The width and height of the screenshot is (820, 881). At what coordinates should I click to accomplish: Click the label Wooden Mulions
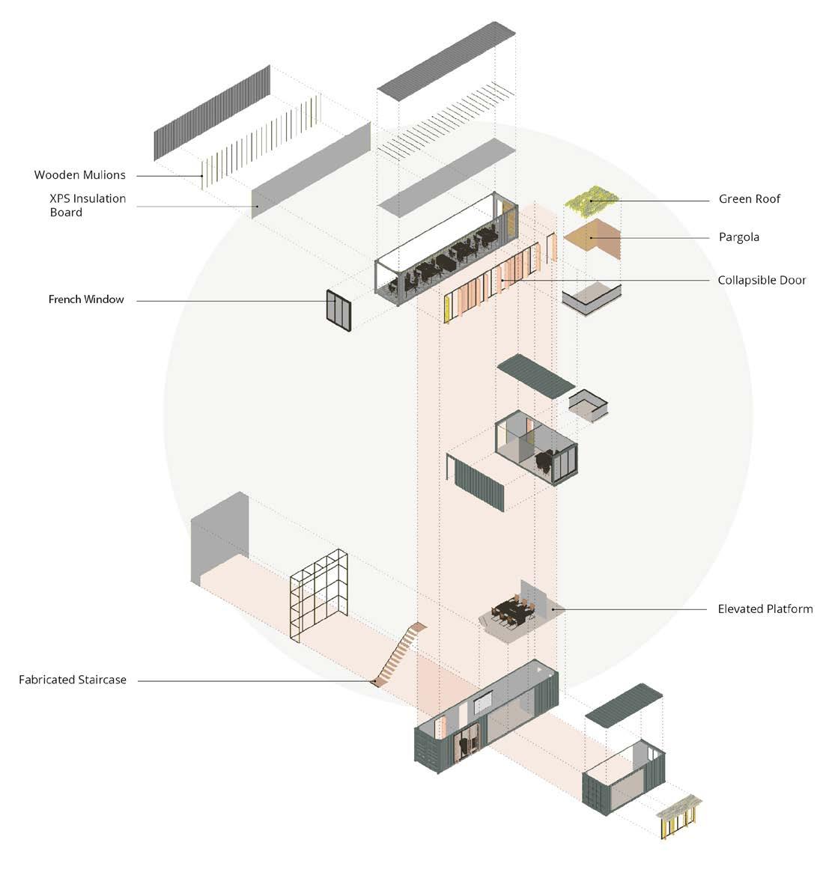(80, 175)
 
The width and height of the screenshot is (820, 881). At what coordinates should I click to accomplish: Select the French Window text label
(86, 299)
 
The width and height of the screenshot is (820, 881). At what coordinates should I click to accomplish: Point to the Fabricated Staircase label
(73, 680)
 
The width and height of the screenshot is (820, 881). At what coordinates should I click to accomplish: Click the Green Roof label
(749, 199)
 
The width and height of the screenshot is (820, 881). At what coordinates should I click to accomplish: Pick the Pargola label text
(738, 237)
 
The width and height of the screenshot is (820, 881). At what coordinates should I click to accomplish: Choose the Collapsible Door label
(762, 281)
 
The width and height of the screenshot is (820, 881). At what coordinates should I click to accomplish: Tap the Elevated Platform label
(765, 609)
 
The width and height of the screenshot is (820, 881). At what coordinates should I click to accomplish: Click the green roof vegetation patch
(592, 200)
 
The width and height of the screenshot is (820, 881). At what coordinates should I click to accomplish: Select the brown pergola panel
(592, 239)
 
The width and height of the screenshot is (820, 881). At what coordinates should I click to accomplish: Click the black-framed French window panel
(338, 310)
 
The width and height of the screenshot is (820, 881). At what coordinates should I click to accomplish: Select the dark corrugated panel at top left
(212, 112)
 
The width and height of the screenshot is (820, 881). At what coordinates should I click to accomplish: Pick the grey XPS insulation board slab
(311, 171)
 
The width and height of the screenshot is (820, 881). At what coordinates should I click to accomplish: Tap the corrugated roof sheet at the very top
(446, 60)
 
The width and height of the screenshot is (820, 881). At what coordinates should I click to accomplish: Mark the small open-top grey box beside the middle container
(588, 405)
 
